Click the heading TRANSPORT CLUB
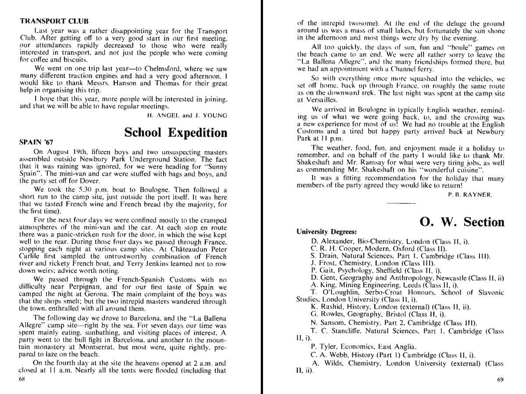pyautogui.click(x=54, y=21)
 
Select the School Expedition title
pyautogui.click(x=176, y=132)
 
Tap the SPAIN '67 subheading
pyautogui.click(x=36, y=142)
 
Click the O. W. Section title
pyautogui.click(x=462, y=222)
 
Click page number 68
pyautogui.click(x=22, y=380)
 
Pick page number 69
pyautogui.click(x=501, y=380)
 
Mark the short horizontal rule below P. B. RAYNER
pyautogui.click(x=401, y=204)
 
